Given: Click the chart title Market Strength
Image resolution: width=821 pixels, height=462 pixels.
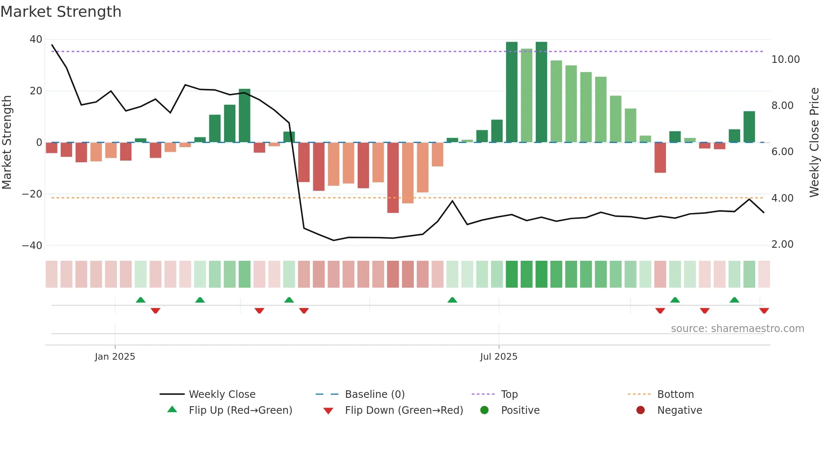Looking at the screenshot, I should coord(61,12).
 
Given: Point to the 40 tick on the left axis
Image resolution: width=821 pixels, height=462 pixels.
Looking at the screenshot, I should coord(36,39).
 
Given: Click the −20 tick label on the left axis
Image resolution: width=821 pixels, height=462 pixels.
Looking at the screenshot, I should coord(32,194).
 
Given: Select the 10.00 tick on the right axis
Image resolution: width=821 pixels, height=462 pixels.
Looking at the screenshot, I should coord(785,60).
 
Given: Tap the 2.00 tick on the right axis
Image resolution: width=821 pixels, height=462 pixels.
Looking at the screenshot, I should coord(782,244).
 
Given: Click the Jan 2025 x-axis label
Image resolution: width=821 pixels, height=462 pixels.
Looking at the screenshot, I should coord(115,357).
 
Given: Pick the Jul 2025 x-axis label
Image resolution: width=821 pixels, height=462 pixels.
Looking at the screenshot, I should coord(498,357).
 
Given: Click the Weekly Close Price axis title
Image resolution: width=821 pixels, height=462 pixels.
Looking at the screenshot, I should coord(814,142).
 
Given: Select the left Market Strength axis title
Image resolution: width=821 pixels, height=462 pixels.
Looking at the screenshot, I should coord(7,142).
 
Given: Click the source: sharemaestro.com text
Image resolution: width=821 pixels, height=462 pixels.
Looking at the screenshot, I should coord(737,329).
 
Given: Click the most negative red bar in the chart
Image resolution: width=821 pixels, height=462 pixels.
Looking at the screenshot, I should coord(393,178).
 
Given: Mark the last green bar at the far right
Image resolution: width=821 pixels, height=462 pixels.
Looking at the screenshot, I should coord(749,127).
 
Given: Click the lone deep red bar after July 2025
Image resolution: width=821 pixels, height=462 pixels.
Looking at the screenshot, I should coord(660,158).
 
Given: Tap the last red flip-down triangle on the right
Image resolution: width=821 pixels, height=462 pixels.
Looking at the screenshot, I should coord(764,311).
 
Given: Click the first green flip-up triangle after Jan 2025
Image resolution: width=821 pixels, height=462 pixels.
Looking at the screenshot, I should coord(141,300).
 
